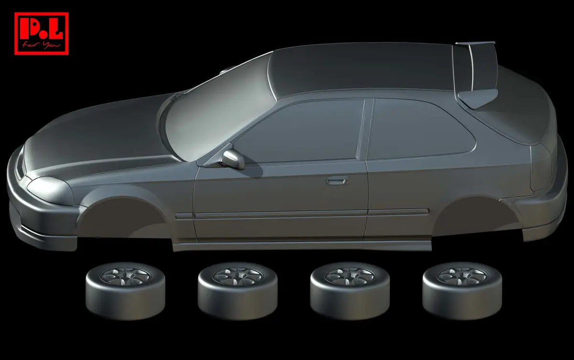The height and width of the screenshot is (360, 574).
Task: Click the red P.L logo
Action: (x=42, y=34)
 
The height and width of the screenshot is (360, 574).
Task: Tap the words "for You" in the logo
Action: (x=42, y=45)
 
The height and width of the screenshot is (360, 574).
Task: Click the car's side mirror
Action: (x=232, y=159)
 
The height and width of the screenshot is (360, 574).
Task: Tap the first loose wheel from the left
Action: (x=125, y=291)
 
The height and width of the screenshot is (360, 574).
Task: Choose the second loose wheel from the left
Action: (x=238, y=291)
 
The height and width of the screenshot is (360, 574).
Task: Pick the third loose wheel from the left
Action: (x=350, y=291)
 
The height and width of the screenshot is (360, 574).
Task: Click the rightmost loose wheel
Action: (x=462, y=291)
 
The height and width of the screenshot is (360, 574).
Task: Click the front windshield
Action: (x=221, y=113)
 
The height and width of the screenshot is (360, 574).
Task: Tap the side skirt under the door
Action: (x=302, y=246)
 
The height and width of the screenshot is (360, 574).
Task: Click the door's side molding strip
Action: (x=302, y=214)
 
